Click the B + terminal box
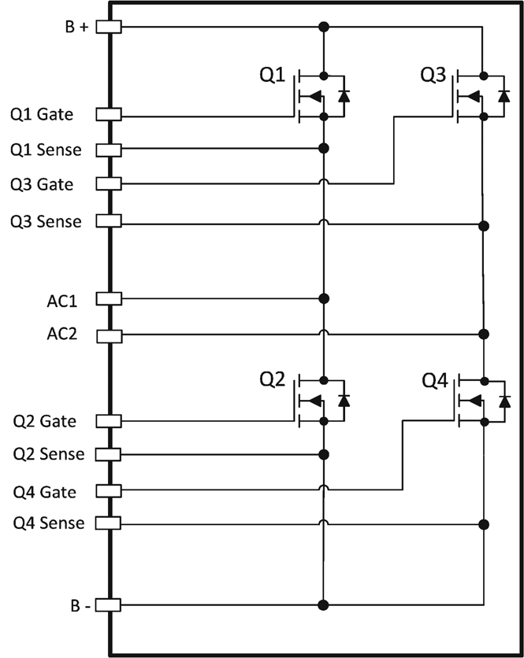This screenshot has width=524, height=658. point(108,27)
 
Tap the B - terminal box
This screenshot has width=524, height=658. point(108,604)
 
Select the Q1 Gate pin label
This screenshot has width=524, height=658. point(42,115)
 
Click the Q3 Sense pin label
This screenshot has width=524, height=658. point(46,221)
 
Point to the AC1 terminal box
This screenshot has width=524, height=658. point(108,298)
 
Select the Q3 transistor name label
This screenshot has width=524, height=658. point(434,75)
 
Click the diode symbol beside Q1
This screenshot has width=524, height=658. point(344,96)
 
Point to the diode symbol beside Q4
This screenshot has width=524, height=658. point(504,401)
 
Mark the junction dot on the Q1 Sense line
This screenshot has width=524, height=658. point(323,148)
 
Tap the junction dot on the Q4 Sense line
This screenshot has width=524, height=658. point(485,524)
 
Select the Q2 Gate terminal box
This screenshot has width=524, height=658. point(108,420)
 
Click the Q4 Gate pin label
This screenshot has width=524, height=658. point(44,492)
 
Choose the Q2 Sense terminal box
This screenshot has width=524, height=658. point(108,454)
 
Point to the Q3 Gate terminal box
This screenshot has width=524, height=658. point(108,183)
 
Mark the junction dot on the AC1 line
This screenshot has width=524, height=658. point(323,299)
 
